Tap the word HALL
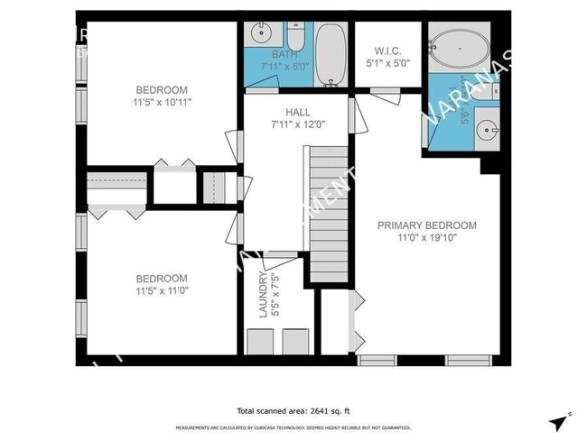click(x=297, y=111)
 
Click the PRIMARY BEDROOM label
click(x=426, y=225)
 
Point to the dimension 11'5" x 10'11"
click(x=162, y=102)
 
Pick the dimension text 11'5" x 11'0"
click(x=162, y=291)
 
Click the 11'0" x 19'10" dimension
click(x=427, y=238)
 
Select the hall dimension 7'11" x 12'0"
click(x=297, y=124)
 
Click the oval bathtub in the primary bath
click(x=460, y=45)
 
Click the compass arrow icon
click(x=560, y=421)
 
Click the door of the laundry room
click(x=279, y=259)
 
